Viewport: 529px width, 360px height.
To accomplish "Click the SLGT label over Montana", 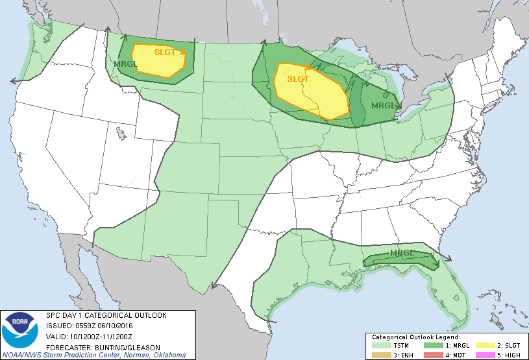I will [x=165, y=53].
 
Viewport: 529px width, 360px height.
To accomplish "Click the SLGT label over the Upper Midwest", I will [x=298, y=78].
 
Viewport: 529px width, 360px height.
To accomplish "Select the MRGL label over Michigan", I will [x=382, y=106].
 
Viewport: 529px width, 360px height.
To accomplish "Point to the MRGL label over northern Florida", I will [x=402, y=253].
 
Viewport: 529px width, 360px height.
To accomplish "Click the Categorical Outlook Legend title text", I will [x=415, y=338].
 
